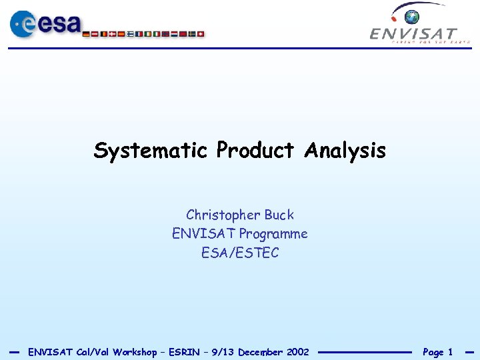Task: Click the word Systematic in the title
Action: tap(151, 151)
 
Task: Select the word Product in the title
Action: tap(255, 151)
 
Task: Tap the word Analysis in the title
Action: tap(345, 151)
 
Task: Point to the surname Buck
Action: tap(279, 215)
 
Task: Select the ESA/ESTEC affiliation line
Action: tap(240, 253)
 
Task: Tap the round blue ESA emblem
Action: tap(25, 25)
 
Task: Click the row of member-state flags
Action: tap(143, 33)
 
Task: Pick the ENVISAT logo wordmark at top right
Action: tap(414, 33)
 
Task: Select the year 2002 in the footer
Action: tap(297, 352)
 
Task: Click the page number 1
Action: tap(450, 352)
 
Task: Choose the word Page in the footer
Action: tap(433, 352)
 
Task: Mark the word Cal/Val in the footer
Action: tap(93, 352)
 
